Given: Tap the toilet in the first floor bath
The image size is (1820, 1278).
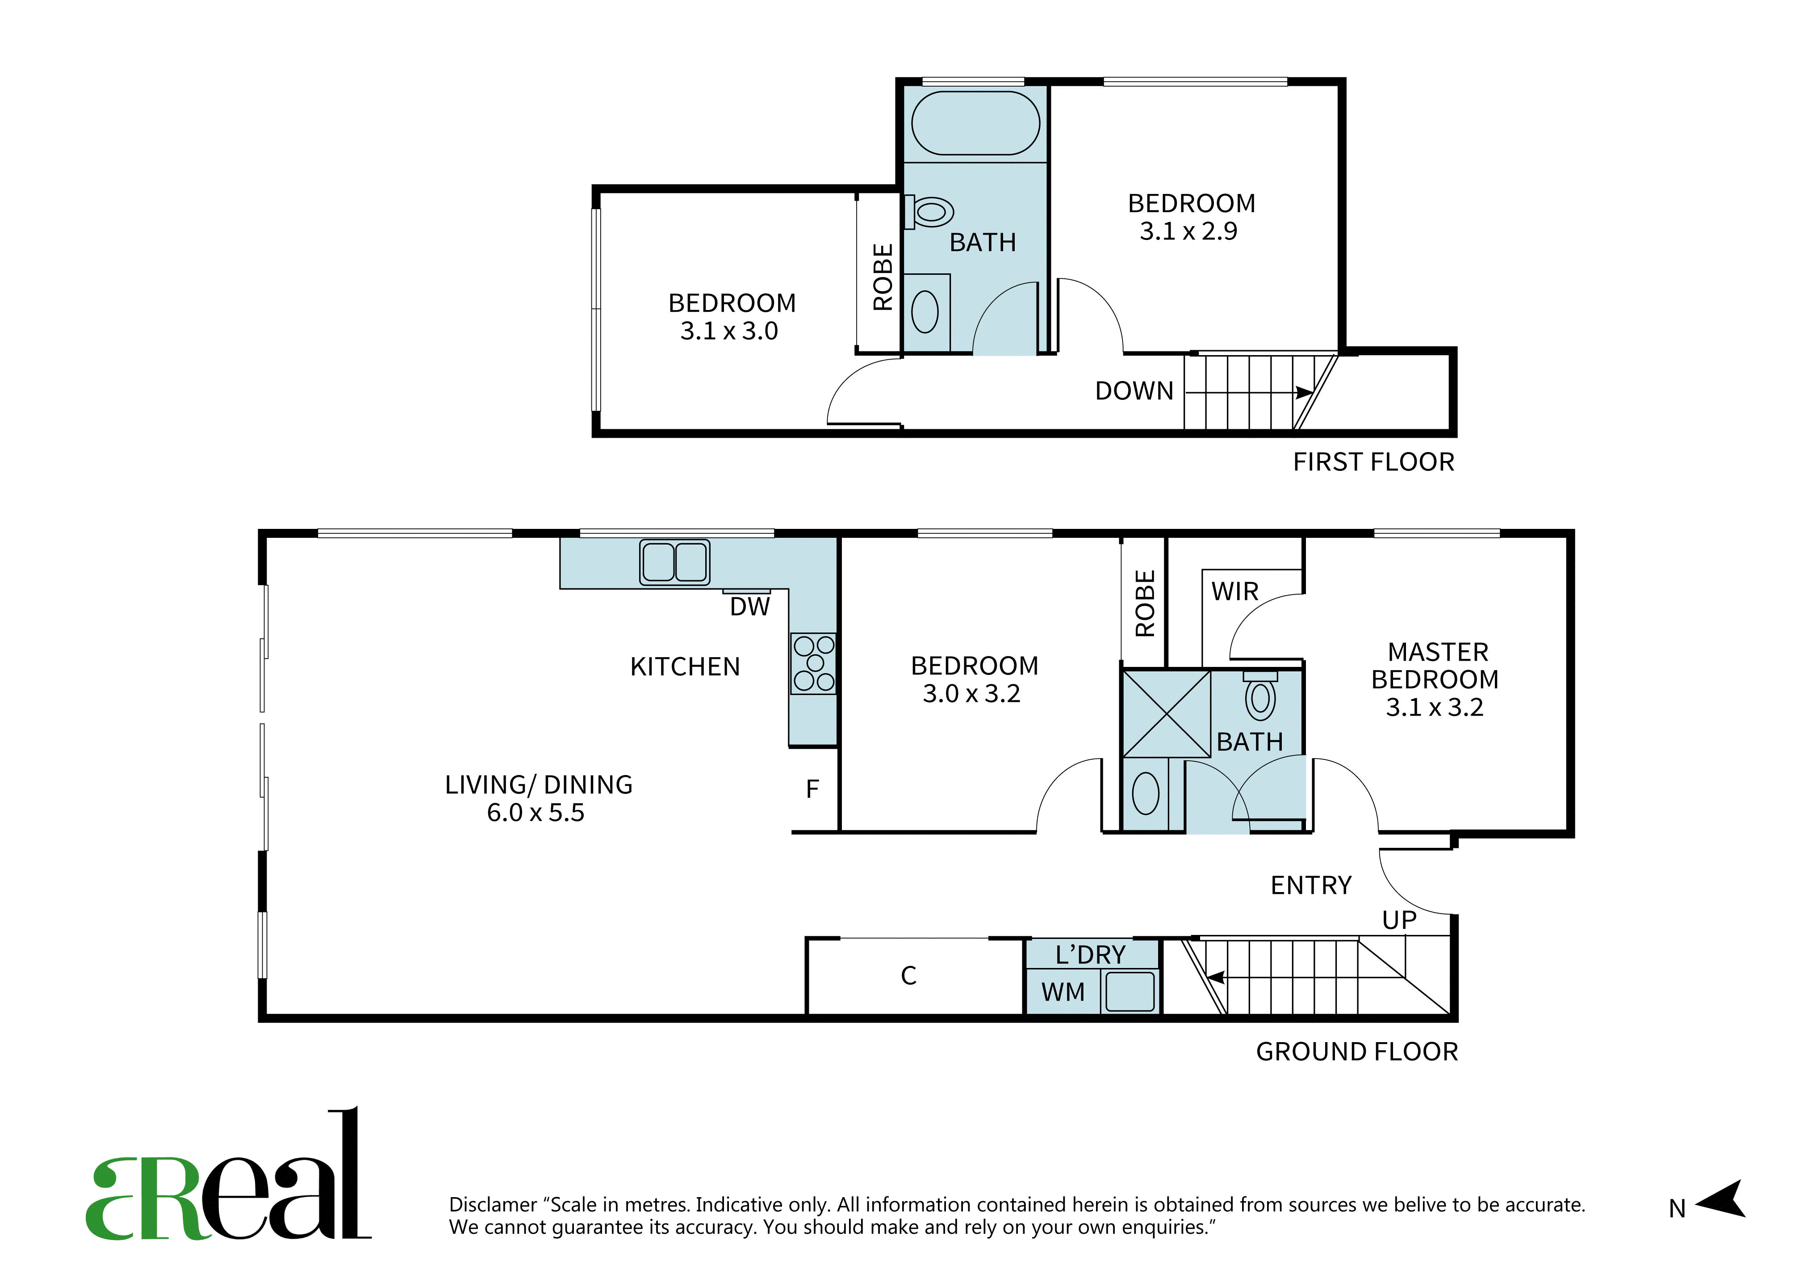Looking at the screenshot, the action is [929, 212].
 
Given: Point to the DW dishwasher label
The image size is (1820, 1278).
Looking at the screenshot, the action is [750, 608].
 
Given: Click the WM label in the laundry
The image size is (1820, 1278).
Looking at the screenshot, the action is [1063, 992].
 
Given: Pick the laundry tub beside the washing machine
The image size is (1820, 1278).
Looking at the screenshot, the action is [1130, 992].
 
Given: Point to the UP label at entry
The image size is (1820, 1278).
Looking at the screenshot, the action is [1399, 921].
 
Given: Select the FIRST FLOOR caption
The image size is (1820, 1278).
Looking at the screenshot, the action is [1374, 462].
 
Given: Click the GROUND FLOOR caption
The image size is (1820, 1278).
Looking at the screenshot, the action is [1357, 1052].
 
